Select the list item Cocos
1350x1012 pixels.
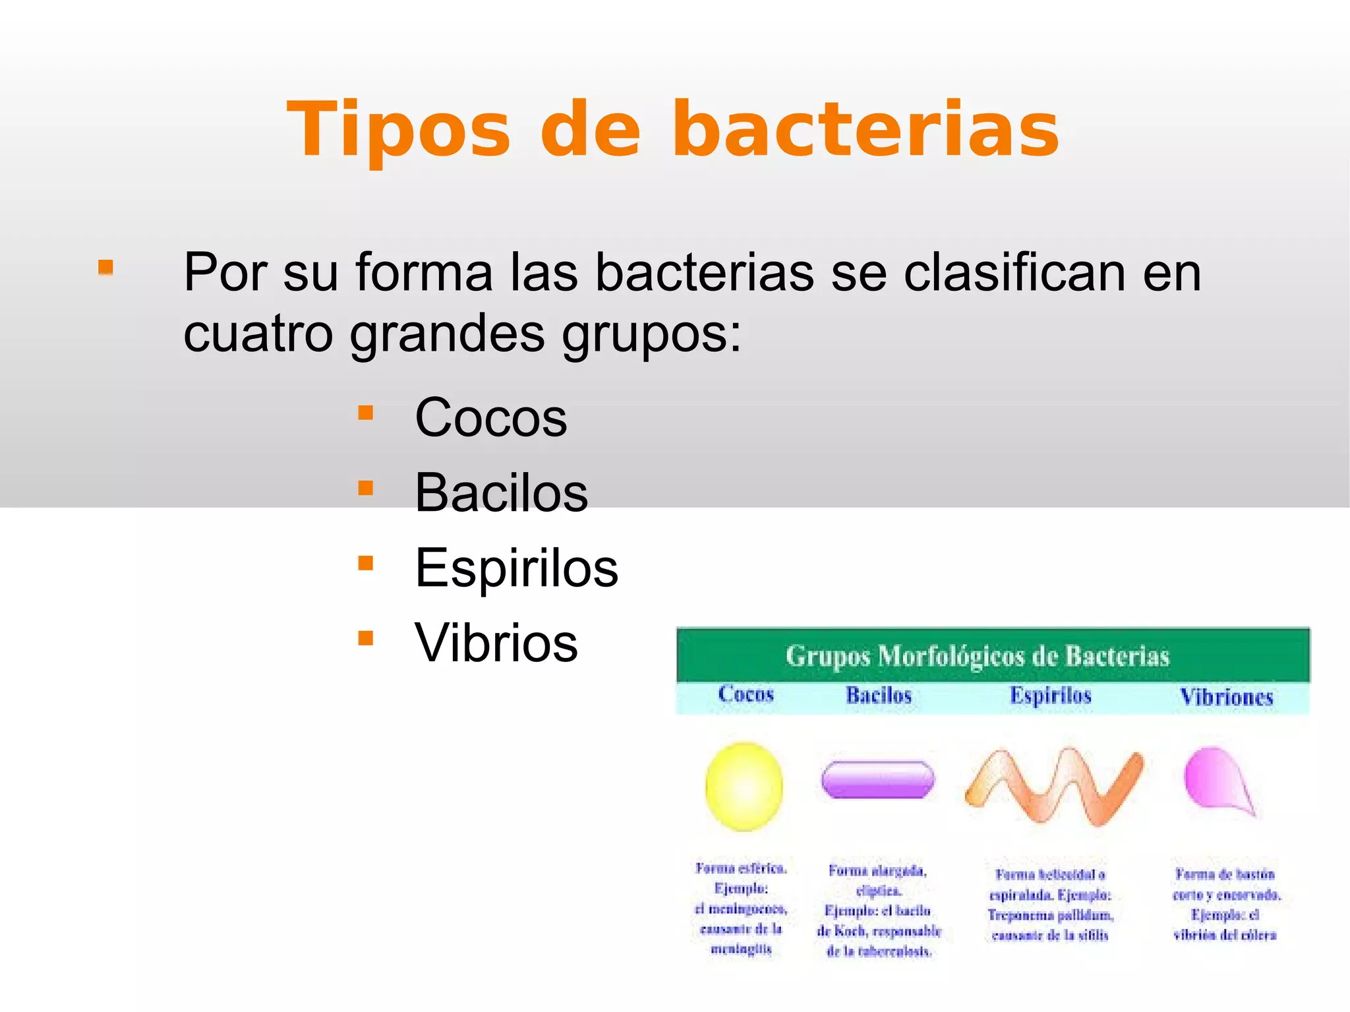490,417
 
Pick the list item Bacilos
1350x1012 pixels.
501,492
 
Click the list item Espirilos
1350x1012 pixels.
516,568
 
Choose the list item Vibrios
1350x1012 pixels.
496,643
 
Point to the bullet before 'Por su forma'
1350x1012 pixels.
105,268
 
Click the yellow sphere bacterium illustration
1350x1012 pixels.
744,786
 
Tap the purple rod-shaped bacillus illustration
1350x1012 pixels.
877,779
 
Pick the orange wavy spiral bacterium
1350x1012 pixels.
1053,786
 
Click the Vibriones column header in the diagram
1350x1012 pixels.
1226,697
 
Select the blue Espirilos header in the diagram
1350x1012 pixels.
1051,696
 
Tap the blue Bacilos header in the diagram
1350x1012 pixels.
879,695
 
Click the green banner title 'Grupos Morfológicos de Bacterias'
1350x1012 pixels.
977,656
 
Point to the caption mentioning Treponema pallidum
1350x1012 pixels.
1050,905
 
